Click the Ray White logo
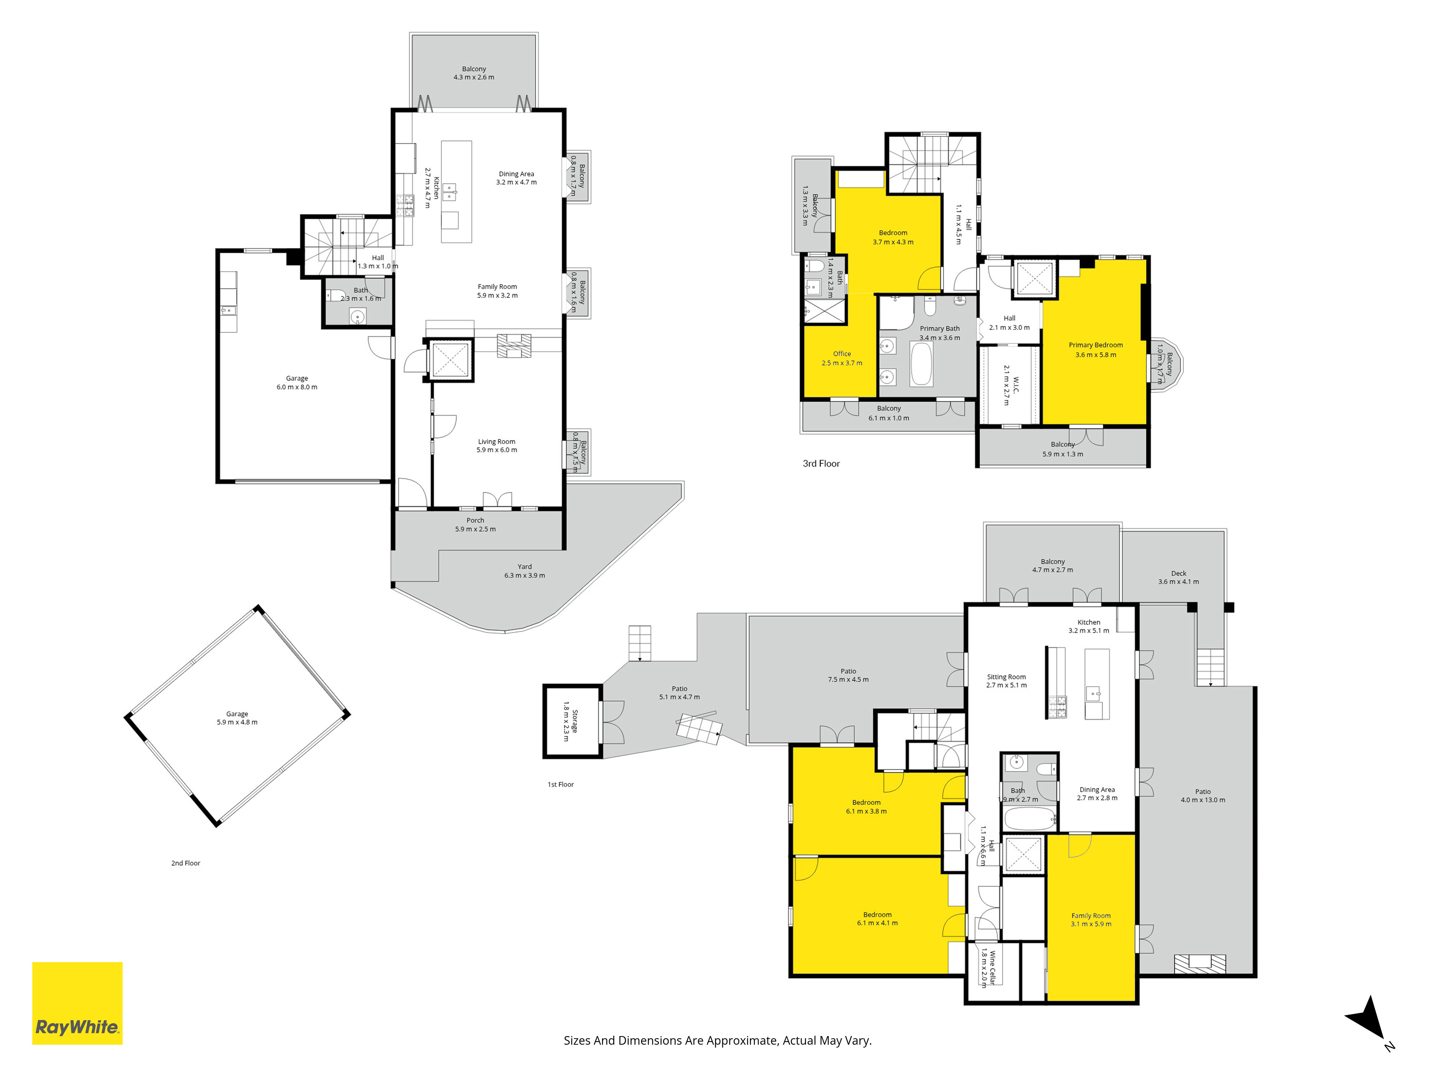tap(77, 1003)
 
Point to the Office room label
tap(842, 354)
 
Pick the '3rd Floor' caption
tap(821, 463)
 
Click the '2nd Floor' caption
tap(186, 863)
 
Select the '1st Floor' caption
tap(560, 784)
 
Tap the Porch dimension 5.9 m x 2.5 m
tap(475, 529)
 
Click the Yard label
tap(524, 567)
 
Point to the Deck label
tap(1179, 573)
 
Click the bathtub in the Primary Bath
tap(922, 364)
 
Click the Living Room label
tap(496, 442)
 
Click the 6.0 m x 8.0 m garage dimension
tap(297, 387)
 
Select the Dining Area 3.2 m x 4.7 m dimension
tap(516, 182)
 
